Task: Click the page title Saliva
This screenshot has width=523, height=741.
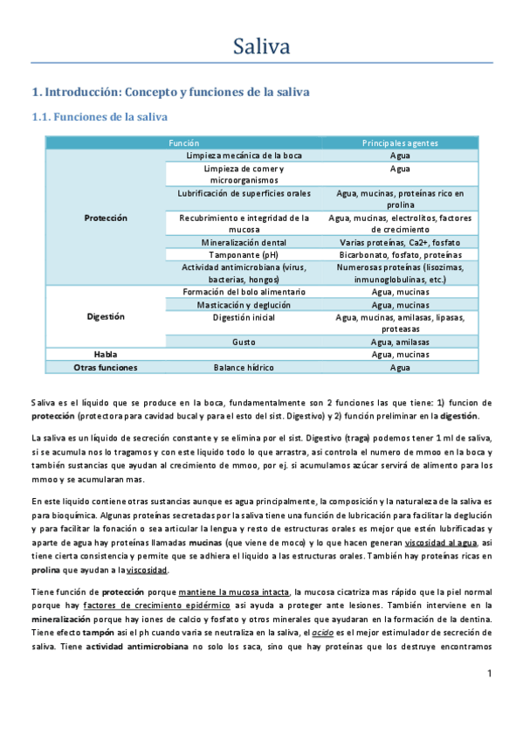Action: [261, 45]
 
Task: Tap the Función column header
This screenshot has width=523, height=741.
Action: [184, 142]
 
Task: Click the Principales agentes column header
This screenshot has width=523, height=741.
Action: [400, 142]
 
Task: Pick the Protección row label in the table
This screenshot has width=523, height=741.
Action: [106, 218]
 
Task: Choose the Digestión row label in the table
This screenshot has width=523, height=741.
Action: [106, 316]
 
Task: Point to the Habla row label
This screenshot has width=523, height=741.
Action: [106, 354]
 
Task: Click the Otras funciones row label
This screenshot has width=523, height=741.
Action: [106, 367]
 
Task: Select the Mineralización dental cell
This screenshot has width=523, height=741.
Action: [244, 242]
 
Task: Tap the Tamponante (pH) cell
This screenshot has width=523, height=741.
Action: [244, 254]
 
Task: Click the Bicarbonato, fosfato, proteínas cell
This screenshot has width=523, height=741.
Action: [400, 254]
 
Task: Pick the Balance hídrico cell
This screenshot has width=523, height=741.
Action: [244, 367]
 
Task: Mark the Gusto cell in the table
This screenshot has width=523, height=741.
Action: [244, 342]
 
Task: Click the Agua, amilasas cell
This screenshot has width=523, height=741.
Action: [400, 342]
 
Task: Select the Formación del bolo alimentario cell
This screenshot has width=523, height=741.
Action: [244, 292]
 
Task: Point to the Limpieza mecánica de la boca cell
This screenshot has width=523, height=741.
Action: [244, 155]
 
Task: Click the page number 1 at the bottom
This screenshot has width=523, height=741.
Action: [490, 673]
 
